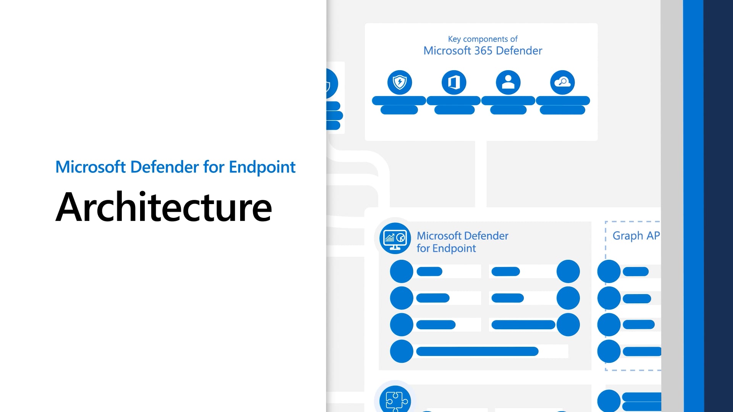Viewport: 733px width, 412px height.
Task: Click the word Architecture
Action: pyautogui.click(x=163, y=207)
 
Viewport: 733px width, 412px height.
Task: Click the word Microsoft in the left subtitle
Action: pyautogui.click(x=90, y=167)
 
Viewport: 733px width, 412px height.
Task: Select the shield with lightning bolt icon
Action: pyautogui.click(x=399, y=82)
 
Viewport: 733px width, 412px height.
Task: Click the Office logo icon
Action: pyautogui.click(x=454, y=82)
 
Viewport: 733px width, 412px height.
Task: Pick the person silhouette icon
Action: pyautogui.click(x=508, y=82)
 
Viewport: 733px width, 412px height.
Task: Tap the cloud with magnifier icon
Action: pyautogui.click(x=562, y=82)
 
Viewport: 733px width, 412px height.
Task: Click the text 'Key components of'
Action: pyautogui.click(x=483, y=39)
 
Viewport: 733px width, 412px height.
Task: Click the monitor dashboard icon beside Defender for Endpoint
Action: pyautogui.click(x=395, y=238)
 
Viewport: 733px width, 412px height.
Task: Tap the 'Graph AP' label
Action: pyautogui.click(x=636, y=236)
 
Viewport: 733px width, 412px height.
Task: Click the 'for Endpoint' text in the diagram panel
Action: pyautogui.click(x=446, y=248)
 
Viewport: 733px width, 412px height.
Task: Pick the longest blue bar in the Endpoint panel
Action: pyautogui.click(x=477, y=351)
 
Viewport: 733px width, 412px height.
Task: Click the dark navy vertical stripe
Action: pyautogui.click(x=718, y=206)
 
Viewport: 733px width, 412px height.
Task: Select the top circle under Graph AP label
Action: pyautogui.click(x=609, y=271)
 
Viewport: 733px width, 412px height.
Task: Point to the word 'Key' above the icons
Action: pyautogui.click(x=454, y=39)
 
